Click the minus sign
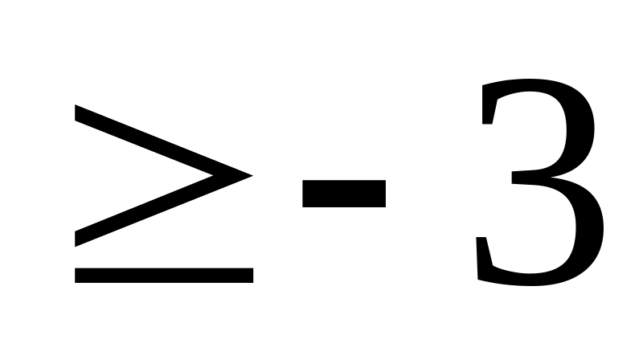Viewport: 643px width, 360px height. point(344,193)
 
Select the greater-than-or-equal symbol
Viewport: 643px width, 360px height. point(164,193)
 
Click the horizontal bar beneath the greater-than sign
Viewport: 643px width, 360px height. point(164,275)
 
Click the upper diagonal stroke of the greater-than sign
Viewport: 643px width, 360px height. point(161,140)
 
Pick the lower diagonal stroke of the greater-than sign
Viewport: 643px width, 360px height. point(161,211)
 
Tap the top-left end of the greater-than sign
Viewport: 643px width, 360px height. point(78,111)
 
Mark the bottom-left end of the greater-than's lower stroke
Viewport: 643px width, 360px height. point(78,239)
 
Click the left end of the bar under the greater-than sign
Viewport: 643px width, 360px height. point(79,275)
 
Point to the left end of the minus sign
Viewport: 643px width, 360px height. point(305,193)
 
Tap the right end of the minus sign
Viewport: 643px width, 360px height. point(383,193)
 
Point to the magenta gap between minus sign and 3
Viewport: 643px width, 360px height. point(430,193)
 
